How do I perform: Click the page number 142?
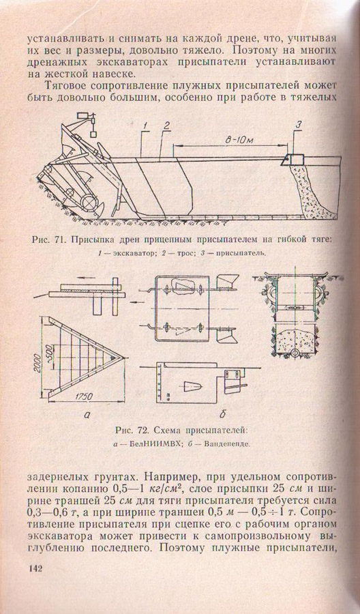tap(35, 569)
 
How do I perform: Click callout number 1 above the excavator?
tap(145, 126)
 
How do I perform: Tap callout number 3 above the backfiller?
tap(298, 125)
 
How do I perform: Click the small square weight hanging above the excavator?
tap(94, 134)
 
